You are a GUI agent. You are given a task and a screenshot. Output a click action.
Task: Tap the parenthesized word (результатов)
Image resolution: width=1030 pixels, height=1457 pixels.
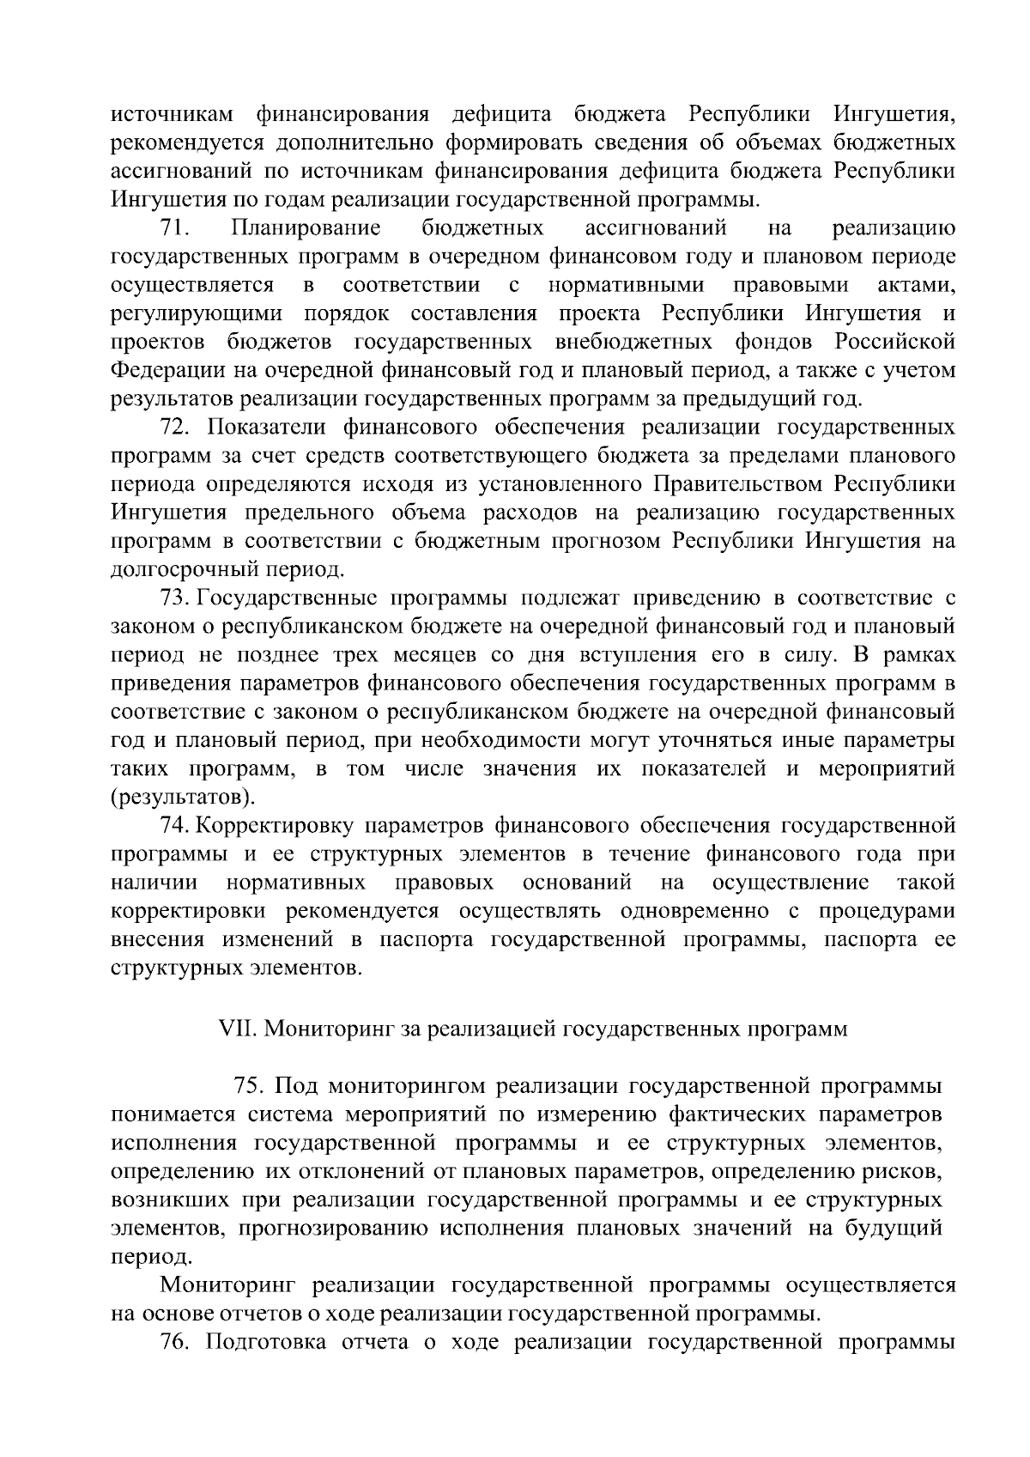(x=183, y=796)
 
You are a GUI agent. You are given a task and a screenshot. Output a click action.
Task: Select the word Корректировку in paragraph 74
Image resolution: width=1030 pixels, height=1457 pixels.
(x=276, y=826)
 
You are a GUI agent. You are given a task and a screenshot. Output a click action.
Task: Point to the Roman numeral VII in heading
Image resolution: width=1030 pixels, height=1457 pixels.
(x=234, y=1029)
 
